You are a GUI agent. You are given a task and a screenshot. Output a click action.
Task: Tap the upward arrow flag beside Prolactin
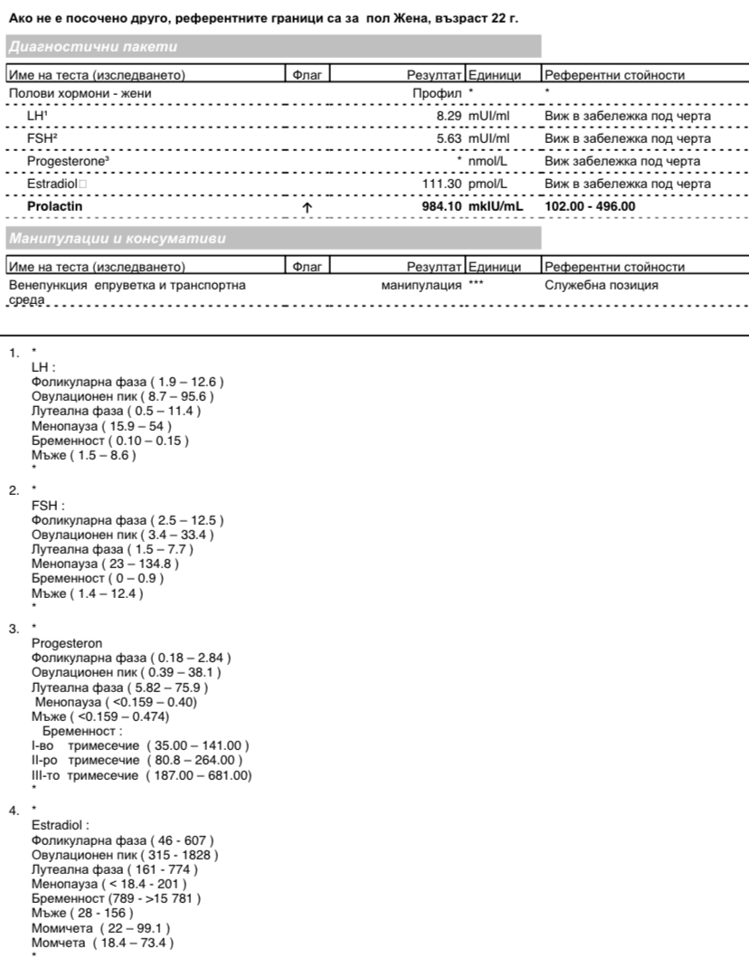coord(308,208)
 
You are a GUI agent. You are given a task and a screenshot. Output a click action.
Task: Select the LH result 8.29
coord(450,117)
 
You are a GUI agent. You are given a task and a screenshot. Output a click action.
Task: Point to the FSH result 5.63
coord(450,139)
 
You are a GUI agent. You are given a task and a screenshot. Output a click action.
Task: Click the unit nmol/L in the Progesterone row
coord(488,162)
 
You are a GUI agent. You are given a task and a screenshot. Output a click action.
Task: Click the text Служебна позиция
coord(602,285)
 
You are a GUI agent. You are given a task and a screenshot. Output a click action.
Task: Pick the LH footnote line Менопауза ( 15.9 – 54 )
coord(101,425)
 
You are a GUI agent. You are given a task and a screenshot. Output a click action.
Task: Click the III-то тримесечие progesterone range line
coord(141,775)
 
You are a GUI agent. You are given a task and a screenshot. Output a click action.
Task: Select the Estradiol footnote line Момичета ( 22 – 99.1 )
coord(101,929)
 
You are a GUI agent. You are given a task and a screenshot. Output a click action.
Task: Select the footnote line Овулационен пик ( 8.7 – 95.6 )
coord(122,396)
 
